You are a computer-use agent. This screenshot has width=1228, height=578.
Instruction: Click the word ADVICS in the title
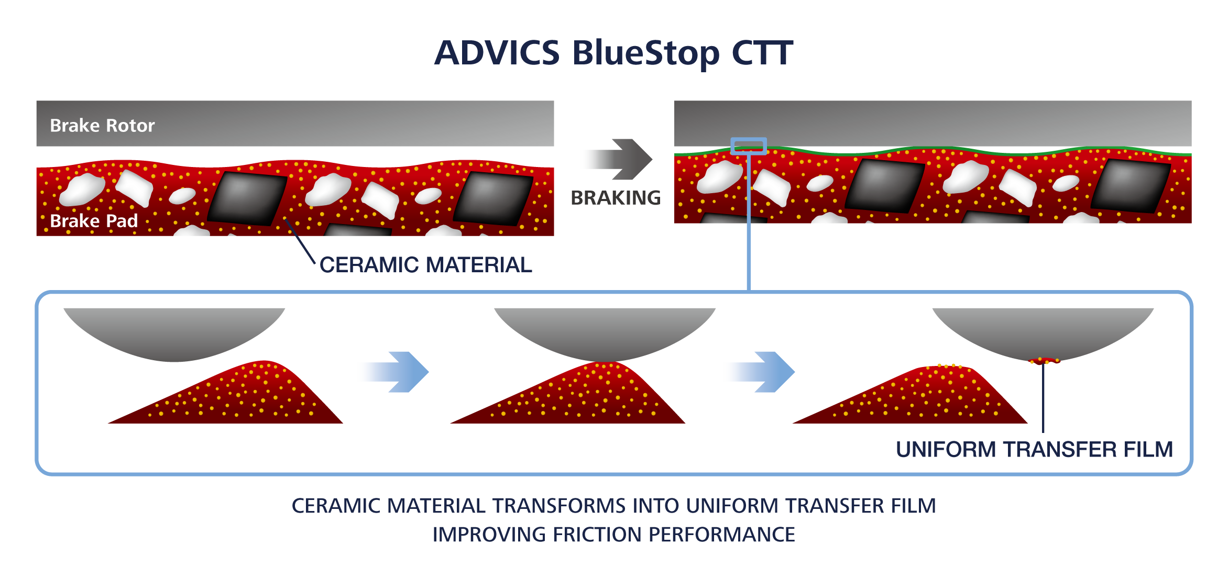pyautogui.click(x=497, y=53)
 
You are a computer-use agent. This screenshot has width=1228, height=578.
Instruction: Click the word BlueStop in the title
pyautogui.click(x=646, y=54)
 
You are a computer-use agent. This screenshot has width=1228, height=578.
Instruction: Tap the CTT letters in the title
pyautogui.click(x=762, y=53)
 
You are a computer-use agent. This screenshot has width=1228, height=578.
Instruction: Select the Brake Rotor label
pyautogui.click(x=102, y=126)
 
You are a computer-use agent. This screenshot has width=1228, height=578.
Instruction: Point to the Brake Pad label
pyautogui.click(x=94, y=221)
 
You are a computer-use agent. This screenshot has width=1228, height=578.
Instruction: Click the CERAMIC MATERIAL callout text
pyautogui.click(x=426, y=265)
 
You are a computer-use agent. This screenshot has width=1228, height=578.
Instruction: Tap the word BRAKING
pyautogui.click(x=616, y=198)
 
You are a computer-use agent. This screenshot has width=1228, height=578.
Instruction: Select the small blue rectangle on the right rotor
pyautogui.click(x=749, y=146)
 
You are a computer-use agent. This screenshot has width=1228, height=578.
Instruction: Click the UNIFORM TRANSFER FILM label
pyautogui.click(x=1034, y=449)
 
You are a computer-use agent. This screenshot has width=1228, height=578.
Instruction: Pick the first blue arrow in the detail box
pyautogui.click(x=396, y=372)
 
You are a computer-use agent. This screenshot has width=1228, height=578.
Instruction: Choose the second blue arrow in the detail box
pyautogui.click(x=762, y=372)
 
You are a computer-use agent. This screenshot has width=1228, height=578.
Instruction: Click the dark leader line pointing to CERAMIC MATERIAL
pyautogui.click(x=300, y=241)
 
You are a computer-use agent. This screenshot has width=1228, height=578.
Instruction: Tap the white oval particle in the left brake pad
pyautogui.click(x=182, y=196)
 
